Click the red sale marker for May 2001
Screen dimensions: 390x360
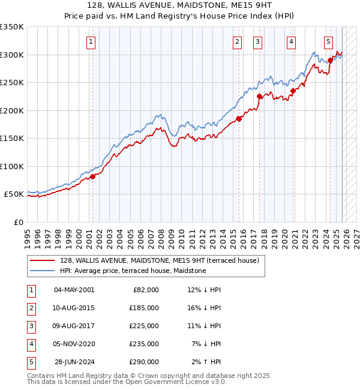coord(92,176)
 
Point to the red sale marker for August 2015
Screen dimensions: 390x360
coord(239,119)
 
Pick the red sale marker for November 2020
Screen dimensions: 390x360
coord(293,91)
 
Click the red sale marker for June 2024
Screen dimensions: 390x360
coord(330,60)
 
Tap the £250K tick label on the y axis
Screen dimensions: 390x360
coord(12,83)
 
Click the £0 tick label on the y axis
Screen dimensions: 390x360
coord(19,222)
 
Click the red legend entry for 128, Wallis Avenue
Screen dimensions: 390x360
coord(159,260)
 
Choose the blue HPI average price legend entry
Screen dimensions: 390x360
coord(133,271)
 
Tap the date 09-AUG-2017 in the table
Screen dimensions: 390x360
coord(74,326)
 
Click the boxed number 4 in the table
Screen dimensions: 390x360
coord(31,344)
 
